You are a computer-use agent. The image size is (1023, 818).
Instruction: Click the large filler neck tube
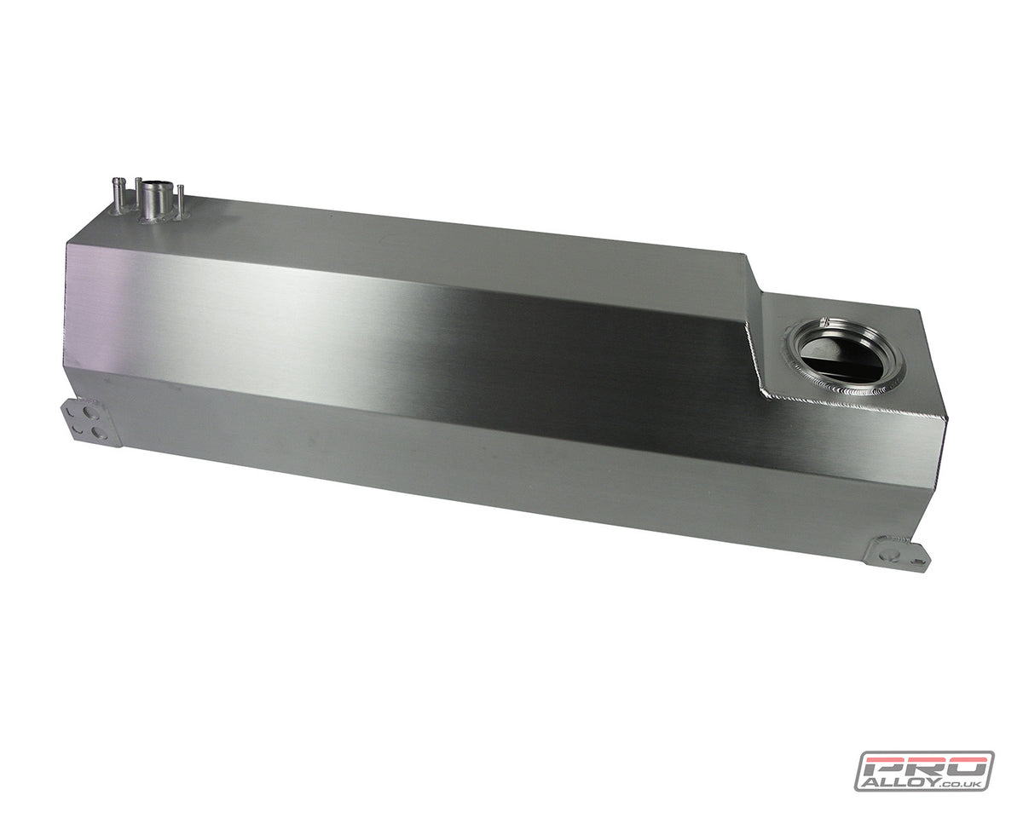[x=155, y=198]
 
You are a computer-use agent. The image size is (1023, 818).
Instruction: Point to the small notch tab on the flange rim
[x=824, y=323]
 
